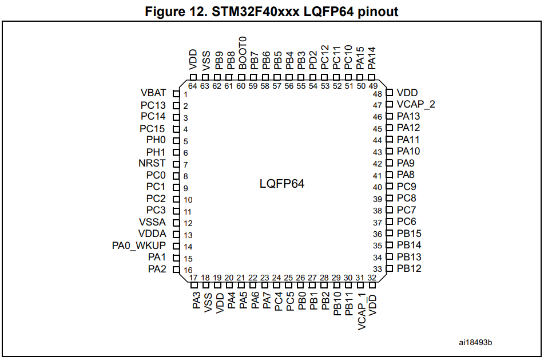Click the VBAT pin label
click(x=153, y=93)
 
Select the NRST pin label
click(x=152, y=163)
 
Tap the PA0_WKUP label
click(x=139, y=246)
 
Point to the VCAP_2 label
click(x=416, y=105)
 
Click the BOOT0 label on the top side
click(x=243, y=53)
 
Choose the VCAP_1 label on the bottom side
click(x=361, y=311)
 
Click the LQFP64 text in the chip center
click(x=281, y=184)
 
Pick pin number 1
click(x=185, y=94)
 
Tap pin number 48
click(x=378, y=94)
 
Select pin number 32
click(x=372, y=278)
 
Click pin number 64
click(x=193, y=86)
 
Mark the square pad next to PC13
click(x=176, y=106)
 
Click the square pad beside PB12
click(x=389, y=268)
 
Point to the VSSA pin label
click(x=152, y=222)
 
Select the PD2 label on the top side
click(x=313, y=60)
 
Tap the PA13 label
click(x=408, y=116)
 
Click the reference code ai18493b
click(x=475, y=343)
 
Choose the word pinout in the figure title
click(x=378, y=12)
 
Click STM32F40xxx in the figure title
click(x=255, y=12)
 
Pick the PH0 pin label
click(x=156, y=140)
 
